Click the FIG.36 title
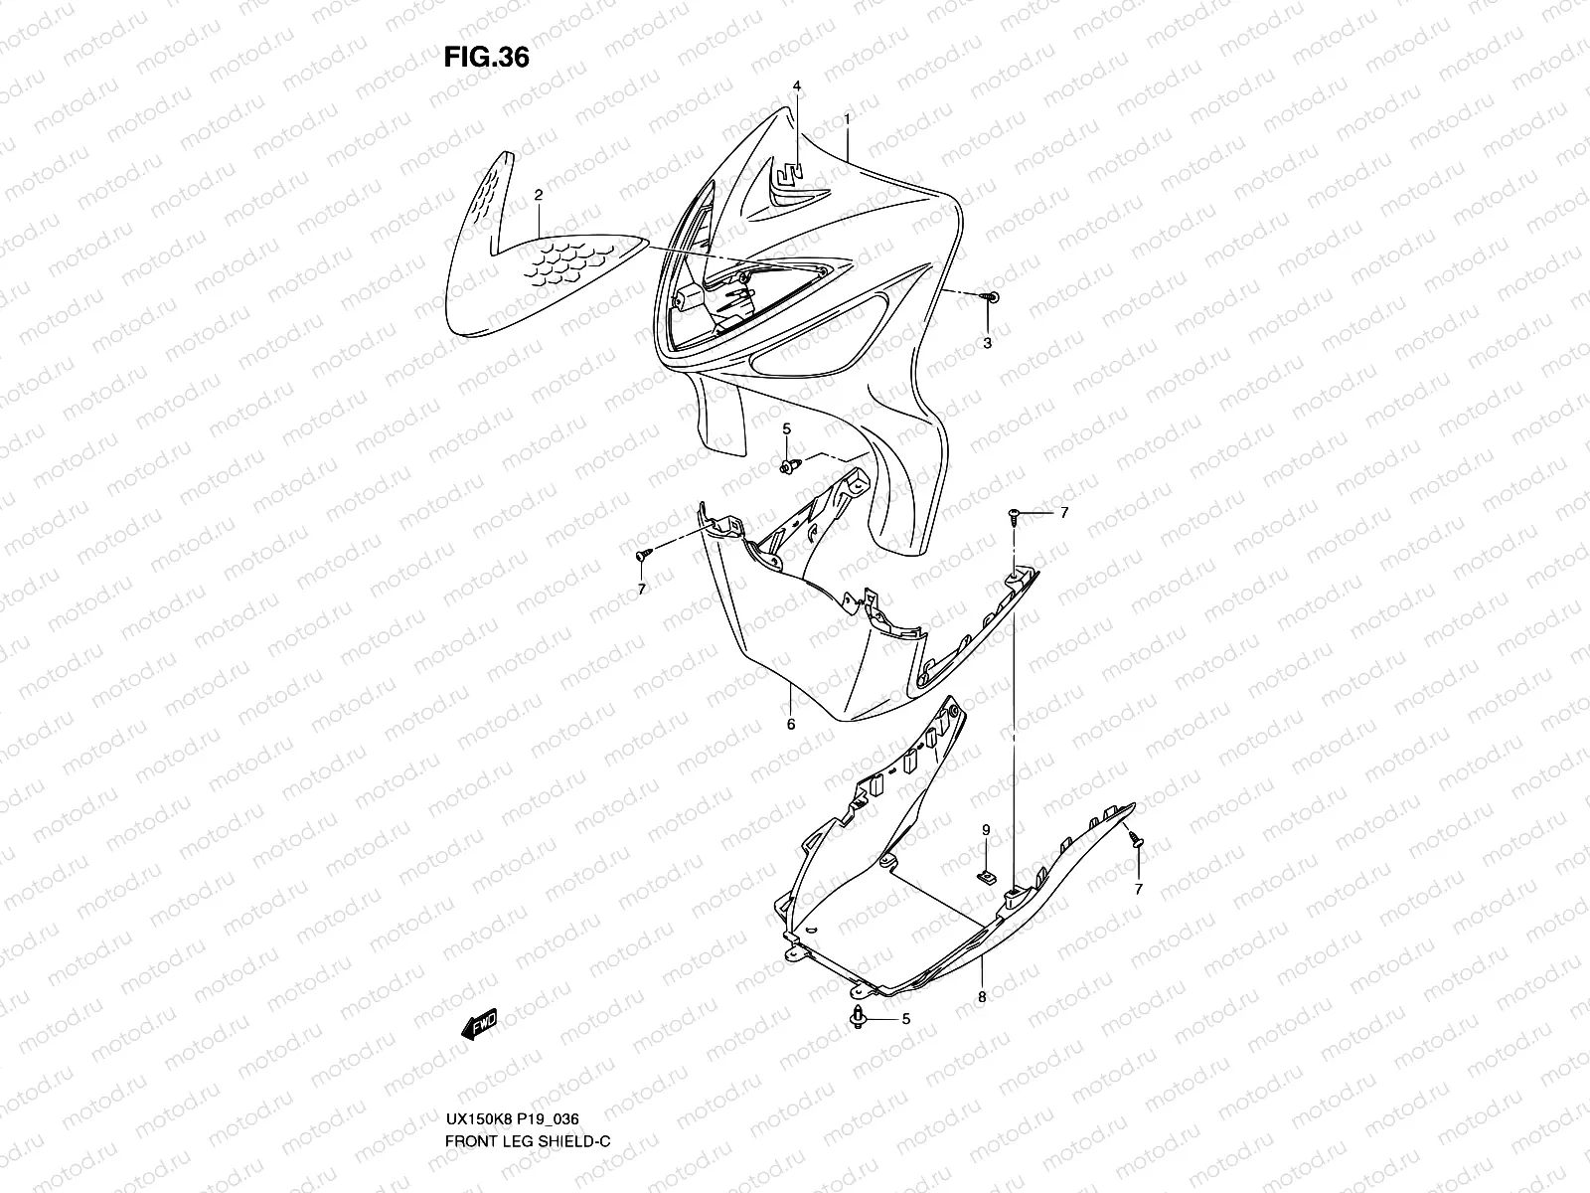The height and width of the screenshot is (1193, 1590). [486, 58]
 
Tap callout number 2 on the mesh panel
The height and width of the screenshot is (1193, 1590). [538, 196]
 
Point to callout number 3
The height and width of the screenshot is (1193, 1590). [987, 343]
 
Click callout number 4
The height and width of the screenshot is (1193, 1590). [796, 86]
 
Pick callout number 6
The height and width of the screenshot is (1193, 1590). [791, 725]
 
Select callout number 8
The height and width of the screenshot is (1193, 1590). [982, 997]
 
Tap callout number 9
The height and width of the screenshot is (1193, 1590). [986, 829]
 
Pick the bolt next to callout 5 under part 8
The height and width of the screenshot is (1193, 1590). [858, 1016]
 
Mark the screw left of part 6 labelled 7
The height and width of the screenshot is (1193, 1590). [643, 552]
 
